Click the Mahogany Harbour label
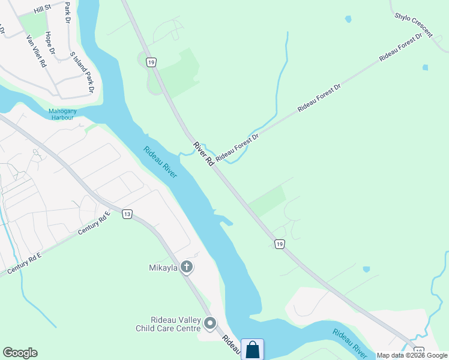[61, 114]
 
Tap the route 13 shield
[127, 214]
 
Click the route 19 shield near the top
[151, 62]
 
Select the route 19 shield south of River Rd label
[279, 244]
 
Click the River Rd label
[203, 154]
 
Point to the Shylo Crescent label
[414, 22]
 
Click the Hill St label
[43, 8]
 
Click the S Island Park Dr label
[83, 72]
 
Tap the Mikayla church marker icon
[187, 267]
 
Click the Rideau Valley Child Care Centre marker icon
[210, 324]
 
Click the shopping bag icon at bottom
[253, 349]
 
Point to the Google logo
[20, 353]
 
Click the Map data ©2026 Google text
[412, 355]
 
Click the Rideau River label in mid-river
[160, 162]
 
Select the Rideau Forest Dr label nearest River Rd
[237, 147]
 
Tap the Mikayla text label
[163, 267]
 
